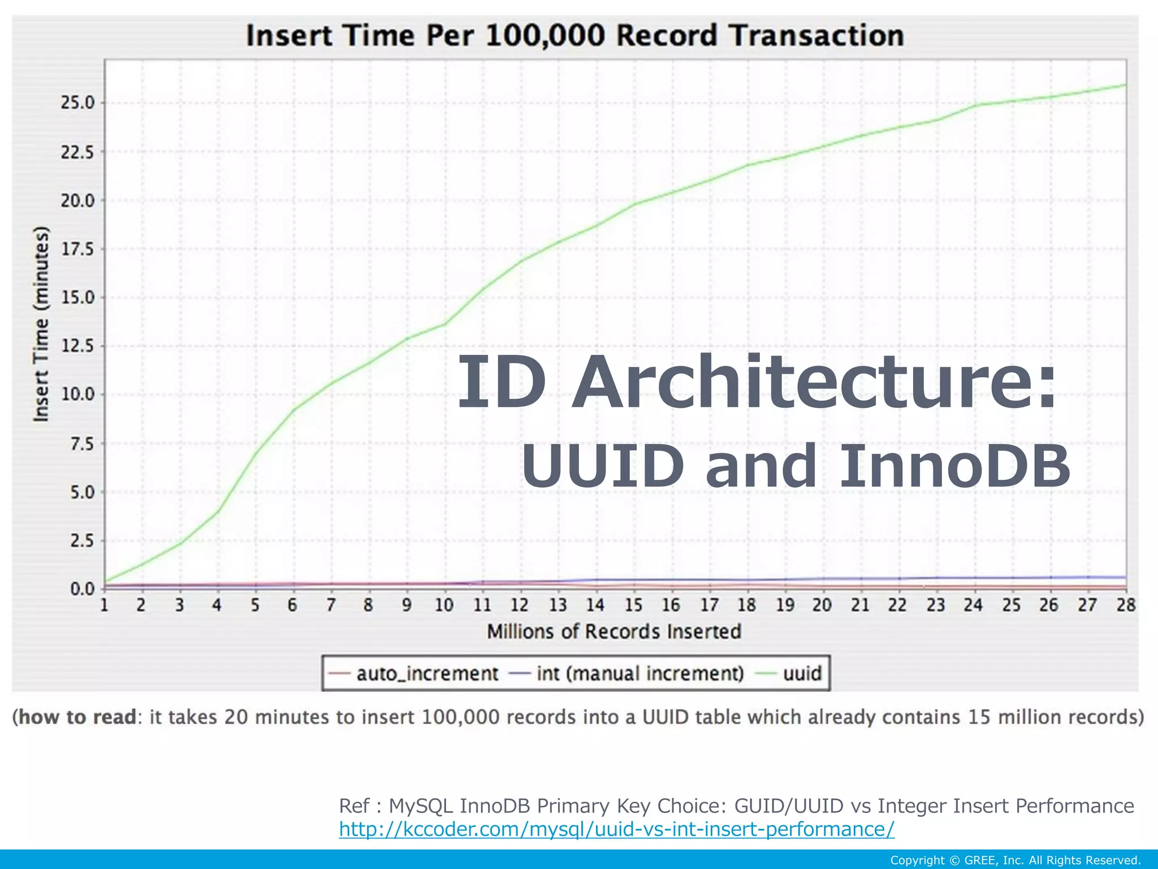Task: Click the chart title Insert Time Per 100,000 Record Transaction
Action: click(x=575, y=35)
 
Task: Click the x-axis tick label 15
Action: click(x=633, y=605)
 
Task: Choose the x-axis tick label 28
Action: click(x=1125, y=605)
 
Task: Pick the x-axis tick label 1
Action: click(x=105, y=605)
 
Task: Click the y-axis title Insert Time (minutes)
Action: click(x=41, y=324)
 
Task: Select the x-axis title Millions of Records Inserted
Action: click(x=614, y=631)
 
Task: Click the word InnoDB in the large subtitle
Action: click(x=954, y=466)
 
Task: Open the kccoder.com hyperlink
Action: click(x=616, y=829)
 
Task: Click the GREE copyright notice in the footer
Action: click(x=1015, y=861)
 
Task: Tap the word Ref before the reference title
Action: click(x=354, y=806)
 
